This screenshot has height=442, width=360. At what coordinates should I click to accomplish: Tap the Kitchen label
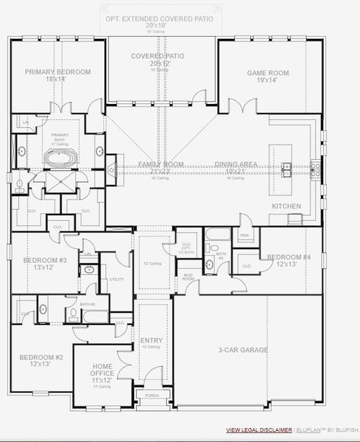pyautogui.click(x=286, y=206)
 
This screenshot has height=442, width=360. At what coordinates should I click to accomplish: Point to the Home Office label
pyautogui.click(x=102, y=369)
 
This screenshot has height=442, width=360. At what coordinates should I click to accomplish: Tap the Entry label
pyautogui.click(x=152, y=341)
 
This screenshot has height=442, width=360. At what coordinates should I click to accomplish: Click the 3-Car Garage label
pyautogui.click(x=243, y=350)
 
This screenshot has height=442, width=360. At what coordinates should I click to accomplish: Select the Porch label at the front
pyautogui.click(x=152, y=396)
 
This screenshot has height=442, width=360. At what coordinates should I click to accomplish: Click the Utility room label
pyautogui.click(x=116, y=279)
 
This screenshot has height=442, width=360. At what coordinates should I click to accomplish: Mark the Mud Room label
pyautogui.click(x=188, y=277)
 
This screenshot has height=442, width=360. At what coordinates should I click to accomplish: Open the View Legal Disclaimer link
pyautogui.click(x=258, y=429)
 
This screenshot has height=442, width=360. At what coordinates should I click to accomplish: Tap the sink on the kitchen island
pyautogui.click(x=286, y=166)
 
